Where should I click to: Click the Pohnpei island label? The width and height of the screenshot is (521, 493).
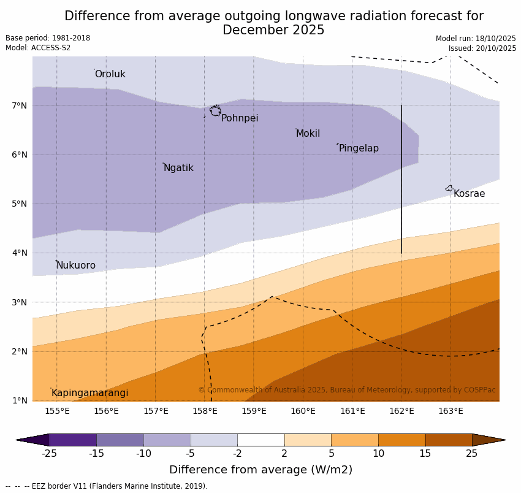(240, 118)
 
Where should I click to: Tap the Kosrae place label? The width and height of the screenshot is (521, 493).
(469, 194)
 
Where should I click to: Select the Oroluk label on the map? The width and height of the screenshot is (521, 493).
(110, 74)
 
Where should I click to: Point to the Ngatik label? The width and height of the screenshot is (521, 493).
(178, 168)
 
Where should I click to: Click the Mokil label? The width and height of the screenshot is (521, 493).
(308, 134)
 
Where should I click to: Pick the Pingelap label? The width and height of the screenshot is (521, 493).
(359, 148)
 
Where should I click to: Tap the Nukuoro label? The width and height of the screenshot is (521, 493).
(76, 266)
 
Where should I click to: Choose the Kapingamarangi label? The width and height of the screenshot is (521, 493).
(89, 393)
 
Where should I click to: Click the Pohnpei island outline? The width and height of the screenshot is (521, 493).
(215, 110)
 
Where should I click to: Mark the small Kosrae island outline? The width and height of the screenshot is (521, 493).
(449, 188)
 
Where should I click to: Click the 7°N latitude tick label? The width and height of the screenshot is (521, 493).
(20, 105)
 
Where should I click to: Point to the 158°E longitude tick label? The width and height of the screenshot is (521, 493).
(205, 411)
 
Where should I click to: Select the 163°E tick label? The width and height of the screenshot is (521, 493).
(451, 411)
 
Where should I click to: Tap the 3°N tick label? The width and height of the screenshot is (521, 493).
(20, 302)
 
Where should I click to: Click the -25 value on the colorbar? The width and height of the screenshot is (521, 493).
(49, 454)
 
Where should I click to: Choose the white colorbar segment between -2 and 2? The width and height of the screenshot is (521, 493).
(260, 440)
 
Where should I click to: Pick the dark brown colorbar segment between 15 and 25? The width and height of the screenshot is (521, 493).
(448, 440)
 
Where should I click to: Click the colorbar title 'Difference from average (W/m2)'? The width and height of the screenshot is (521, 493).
(260, 470)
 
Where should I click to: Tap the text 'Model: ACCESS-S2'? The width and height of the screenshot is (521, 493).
(38, 48)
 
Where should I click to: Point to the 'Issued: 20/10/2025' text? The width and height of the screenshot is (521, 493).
(482, 48)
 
